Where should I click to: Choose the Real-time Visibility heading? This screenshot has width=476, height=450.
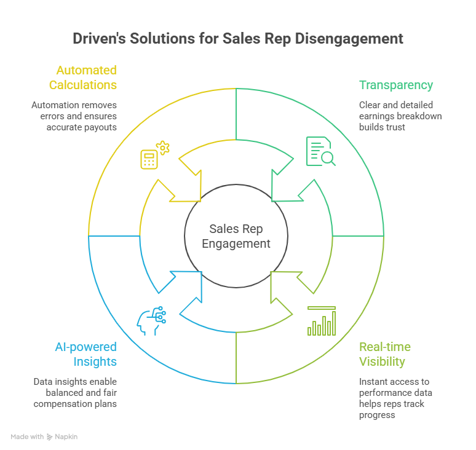[x=385, y=355]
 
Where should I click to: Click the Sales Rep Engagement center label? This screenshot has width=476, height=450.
[x=236, y=236]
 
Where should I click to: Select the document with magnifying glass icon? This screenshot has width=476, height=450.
[x=320, y=151]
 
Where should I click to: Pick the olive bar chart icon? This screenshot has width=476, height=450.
[x=321, y=321]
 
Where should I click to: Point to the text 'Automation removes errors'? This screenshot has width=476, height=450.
[x=74, y=105]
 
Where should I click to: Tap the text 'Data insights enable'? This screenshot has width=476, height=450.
[x=75, y=382]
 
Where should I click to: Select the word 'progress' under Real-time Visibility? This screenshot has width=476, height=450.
[x=378, y=415]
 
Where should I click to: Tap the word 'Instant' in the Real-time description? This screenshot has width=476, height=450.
[x=374, y=382]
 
